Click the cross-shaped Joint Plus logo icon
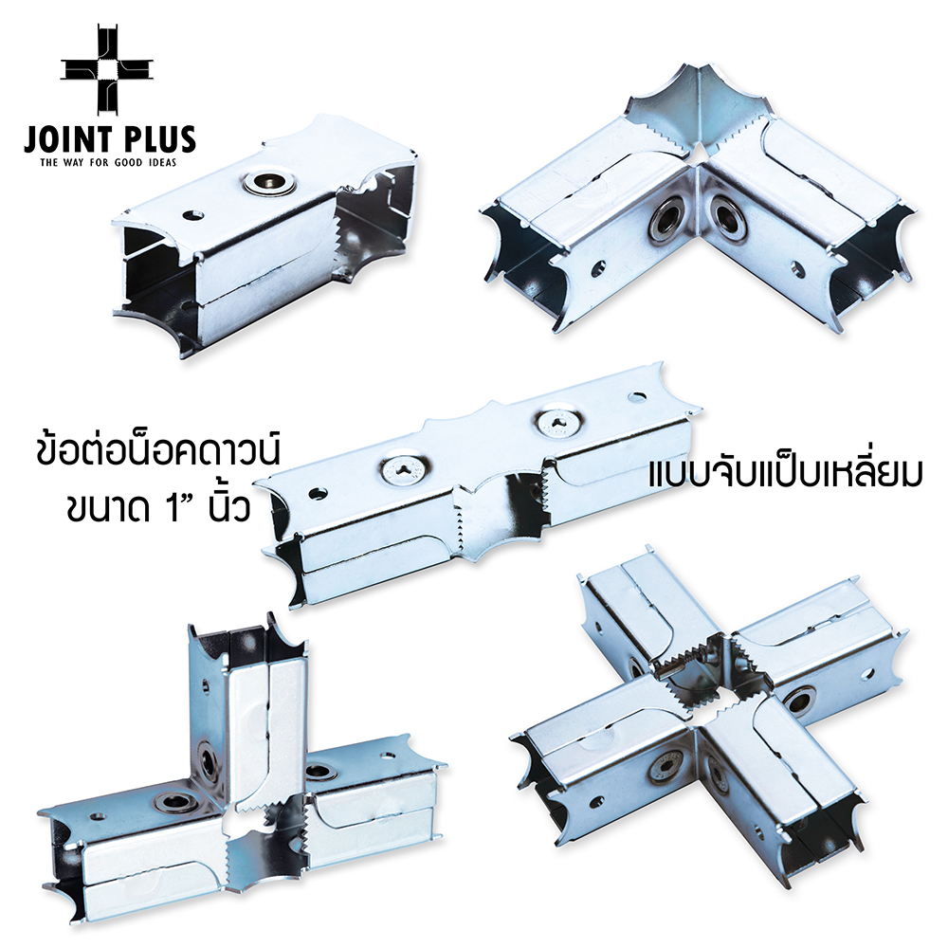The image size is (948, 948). [x=107, y=69]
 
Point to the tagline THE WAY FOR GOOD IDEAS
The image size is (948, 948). [x=108, y=163]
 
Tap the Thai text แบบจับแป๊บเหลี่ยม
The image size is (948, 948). [x=785, y=472]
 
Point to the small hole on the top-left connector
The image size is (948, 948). [x=194, y=214]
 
